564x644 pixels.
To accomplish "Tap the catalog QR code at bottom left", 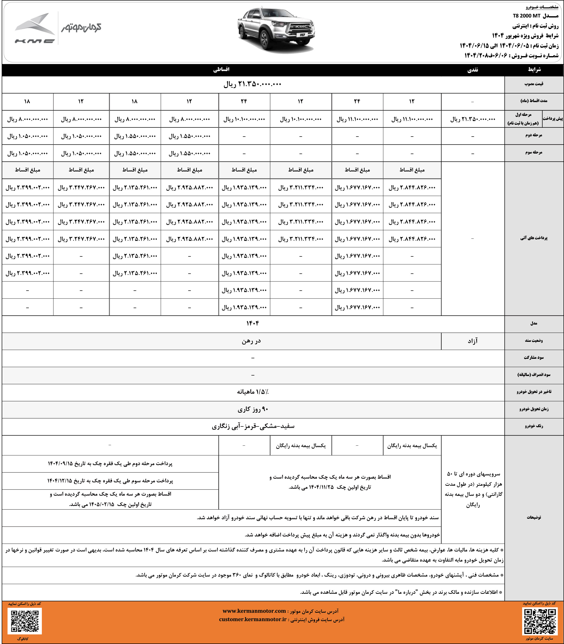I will (25, 620).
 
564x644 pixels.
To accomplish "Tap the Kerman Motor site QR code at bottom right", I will (539, 620).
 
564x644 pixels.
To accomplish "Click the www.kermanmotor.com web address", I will (254, 611).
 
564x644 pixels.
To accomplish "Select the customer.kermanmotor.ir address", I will (253, 619).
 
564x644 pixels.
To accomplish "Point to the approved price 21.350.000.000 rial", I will (252, 84).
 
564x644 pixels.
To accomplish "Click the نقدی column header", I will (472, 70).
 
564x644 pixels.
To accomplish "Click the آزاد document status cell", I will (472, 341).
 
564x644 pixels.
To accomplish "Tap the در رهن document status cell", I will (251, 341).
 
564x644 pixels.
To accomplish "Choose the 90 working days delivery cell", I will (252, 409).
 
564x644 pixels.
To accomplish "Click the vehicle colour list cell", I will (253, 426).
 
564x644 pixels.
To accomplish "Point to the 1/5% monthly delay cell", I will (253, 392).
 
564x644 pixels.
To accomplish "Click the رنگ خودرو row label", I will (534, 426).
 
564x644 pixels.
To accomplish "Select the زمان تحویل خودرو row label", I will (534, 409).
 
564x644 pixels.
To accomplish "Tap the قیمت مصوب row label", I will (534, 84).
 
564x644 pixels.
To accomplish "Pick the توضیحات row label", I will (534, 517).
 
